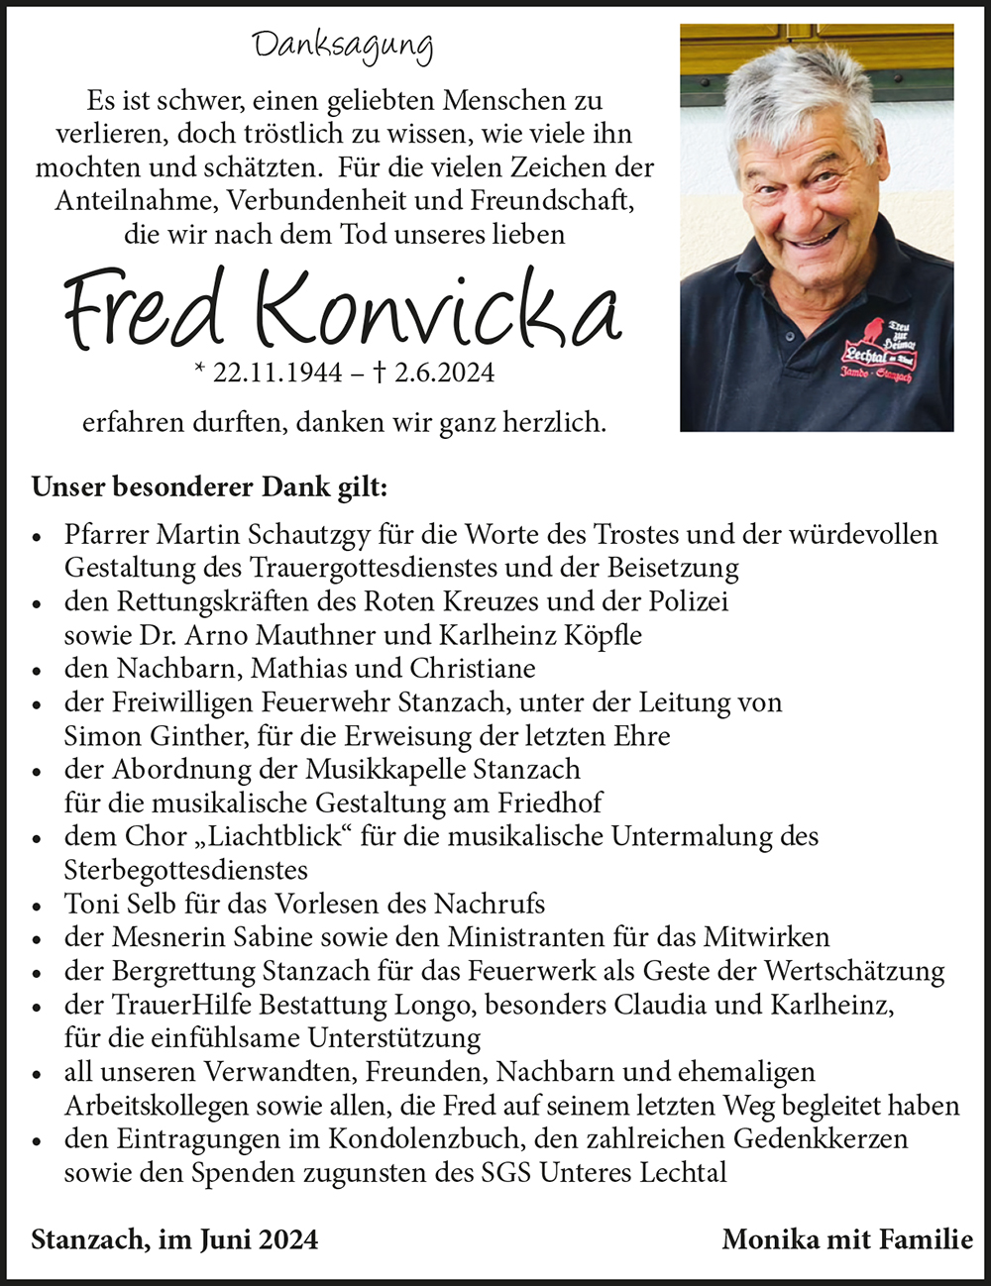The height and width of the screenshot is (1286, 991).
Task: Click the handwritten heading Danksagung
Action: click(342, 47)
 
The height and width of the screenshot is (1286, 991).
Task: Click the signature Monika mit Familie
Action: click(847, 1239)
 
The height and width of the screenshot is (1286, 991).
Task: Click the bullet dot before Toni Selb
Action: click(37, 906)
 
